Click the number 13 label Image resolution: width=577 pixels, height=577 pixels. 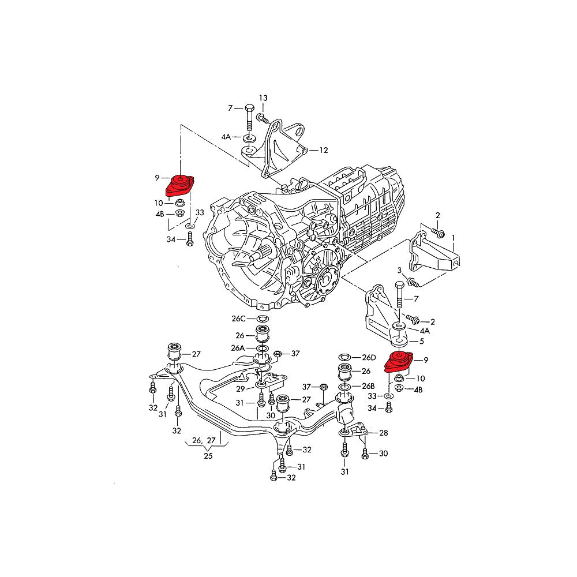(263, 98)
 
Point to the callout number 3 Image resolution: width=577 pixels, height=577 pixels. (398, 271)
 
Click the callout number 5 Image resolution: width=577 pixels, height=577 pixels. (422, 341)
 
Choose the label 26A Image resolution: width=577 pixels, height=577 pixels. (238, 348)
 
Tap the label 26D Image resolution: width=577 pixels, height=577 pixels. (368, 357)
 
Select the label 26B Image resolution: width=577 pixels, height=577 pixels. (368, 385)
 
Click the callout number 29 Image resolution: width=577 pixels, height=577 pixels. (241, 389)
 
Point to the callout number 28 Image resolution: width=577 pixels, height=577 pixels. (384, 432)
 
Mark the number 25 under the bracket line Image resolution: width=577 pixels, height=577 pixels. (207, 456)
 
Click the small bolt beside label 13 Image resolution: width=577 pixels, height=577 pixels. (260, 118)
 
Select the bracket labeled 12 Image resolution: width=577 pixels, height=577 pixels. (283, 147)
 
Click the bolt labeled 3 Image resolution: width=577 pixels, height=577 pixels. (411, 282)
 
